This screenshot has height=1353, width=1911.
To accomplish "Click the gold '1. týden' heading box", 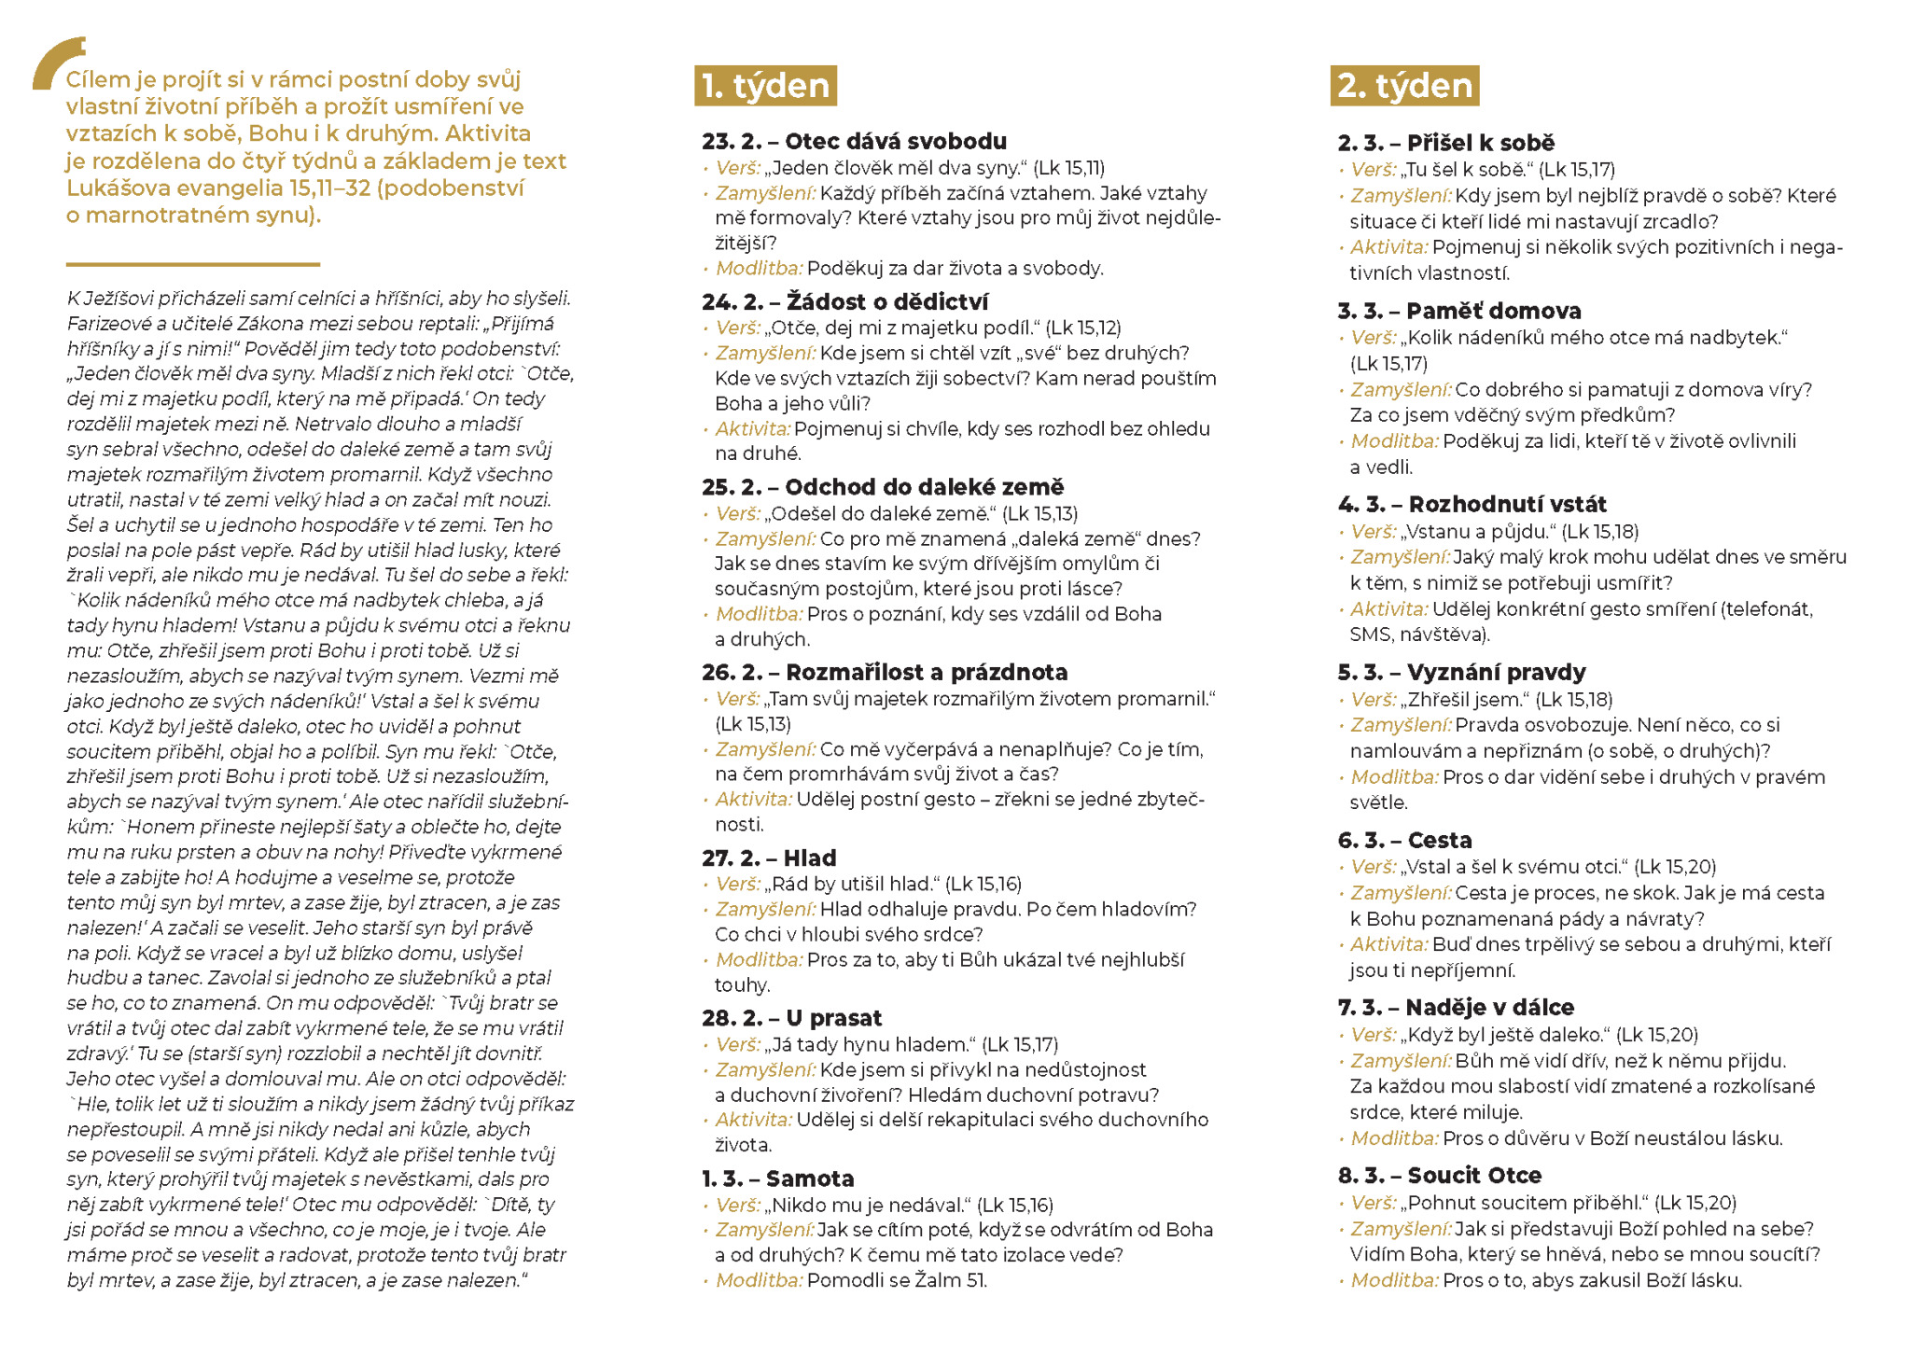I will [765, 86].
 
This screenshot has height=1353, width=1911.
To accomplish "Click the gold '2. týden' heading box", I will [1404, 86].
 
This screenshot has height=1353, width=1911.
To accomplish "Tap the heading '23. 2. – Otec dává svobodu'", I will [854, 142].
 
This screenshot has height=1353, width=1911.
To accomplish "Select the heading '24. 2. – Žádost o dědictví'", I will [844, 301].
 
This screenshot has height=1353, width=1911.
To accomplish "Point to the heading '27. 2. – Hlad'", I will [769, 858].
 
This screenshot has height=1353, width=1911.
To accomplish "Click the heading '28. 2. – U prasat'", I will [791, 1018].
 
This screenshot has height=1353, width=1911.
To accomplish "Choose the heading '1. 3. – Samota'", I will [777, 1179].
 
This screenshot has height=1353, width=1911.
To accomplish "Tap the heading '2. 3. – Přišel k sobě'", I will [1445, 144].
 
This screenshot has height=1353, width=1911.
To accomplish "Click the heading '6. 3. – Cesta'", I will [1404, 840].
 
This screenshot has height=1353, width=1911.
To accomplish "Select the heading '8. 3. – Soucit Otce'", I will [1439, 1176].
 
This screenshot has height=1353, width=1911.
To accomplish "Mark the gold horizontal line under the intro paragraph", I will [193, 264].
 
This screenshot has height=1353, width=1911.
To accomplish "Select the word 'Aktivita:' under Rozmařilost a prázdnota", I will [753, 800].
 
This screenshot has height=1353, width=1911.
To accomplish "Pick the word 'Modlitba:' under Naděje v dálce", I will [1394, 1138].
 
